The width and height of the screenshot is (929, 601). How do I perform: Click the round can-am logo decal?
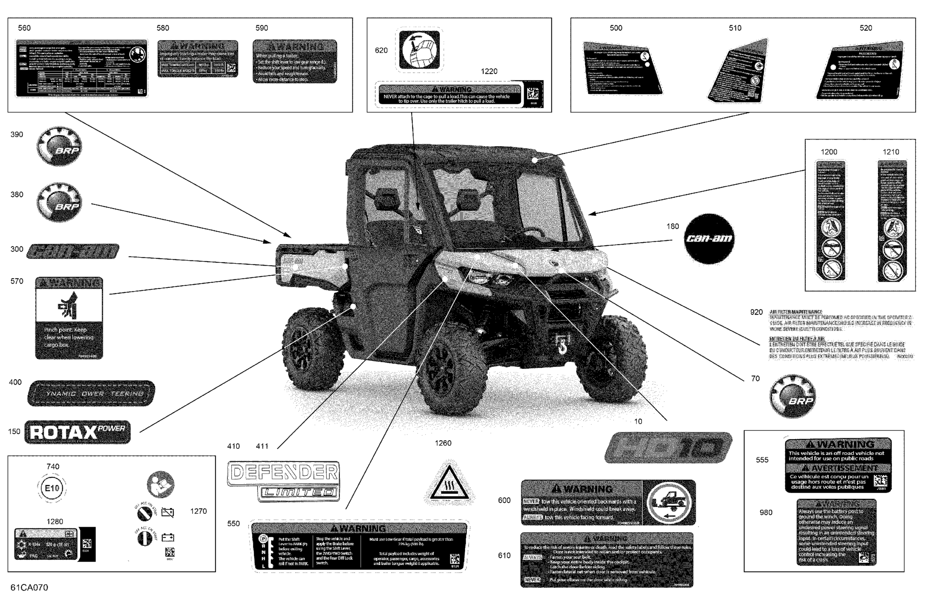[709, 238]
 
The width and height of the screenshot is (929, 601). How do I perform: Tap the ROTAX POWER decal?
[77, 432]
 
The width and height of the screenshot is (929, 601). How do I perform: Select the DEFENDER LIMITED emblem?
[283, 481]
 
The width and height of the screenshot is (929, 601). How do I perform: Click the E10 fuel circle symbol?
[52, 488]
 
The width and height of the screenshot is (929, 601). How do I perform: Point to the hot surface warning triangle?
[449, 484]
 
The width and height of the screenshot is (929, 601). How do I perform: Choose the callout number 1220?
[489, 71]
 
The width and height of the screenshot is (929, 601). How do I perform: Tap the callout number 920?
[756, 312]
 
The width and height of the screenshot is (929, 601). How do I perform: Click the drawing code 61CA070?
[29, 587]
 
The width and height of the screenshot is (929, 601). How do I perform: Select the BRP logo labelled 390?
[59, 146]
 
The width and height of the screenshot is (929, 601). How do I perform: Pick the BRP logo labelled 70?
[792, 396]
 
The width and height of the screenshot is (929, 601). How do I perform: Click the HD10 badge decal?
[668, 447]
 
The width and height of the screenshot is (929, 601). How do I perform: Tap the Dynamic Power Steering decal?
[91, 393]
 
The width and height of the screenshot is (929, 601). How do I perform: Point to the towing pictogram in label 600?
[669, 503]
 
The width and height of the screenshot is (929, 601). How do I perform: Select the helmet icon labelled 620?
[419, 50]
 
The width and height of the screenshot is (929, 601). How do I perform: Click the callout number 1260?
[443, 443]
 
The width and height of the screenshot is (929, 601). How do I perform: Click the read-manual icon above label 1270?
[161, 484]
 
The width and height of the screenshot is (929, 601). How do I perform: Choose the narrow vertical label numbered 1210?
[892, 221]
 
